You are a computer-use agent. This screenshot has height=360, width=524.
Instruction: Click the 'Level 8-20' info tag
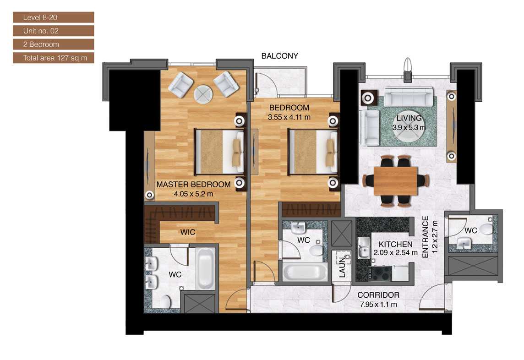click(x=53, y=17)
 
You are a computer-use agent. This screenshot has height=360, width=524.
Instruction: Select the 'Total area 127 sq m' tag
click(x=53, y=58)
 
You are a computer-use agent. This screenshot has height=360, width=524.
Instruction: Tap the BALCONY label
click(x=279, y=56)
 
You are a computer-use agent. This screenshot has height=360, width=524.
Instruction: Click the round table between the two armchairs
click(x=203, y=94)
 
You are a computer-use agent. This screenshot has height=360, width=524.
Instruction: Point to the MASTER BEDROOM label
click(x=193, y=185)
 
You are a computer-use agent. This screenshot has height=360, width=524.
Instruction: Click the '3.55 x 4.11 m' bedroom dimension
click(x=289, y=117)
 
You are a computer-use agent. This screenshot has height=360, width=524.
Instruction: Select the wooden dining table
click(x=395, y=181)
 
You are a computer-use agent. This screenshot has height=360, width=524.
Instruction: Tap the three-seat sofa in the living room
click(x=408, y=98)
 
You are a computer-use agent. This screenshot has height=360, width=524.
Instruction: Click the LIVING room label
click(x=409, y=119)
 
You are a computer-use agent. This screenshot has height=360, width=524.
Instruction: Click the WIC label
click(x=188, y=232)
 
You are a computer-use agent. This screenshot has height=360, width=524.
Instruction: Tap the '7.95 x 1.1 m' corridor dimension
click(x=378, y=304)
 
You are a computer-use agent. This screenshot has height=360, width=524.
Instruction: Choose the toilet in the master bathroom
click(x=165, y=302)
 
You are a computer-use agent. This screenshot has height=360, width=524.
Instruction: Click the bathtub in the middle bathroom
click(x=305, y=272)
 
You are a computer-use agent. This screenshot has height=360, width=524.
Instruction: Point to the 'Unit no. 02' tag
click(x=53, y=31)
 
